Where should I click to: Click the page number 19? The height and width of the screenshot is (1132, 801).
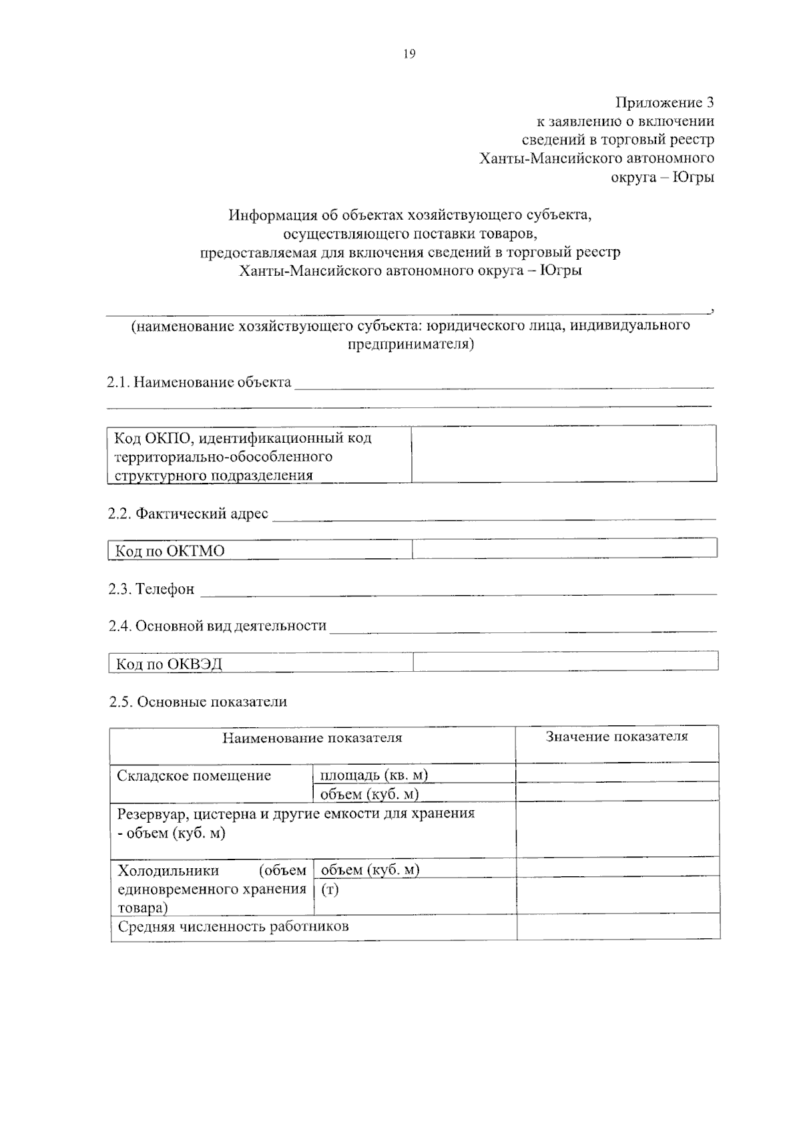[x=409, y=54]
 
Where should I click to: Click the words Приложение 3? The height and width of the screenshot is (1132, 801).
[x=664, y=102]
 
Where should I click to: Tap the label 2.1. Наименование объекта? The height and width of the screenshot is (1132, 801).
[x=200, y=383]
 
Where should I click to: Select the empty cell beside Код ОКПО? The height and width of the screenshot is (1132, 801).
[x=564, y=454]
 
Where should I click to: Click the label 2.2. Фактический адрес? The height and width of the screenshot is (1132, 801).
[x=188, y=514]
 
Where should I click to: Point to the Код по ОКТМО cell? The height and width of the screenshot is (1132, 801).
[x=259, y=550]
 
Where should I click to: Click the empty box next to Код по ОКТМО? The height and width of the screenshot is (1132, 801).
[x=565, y=548]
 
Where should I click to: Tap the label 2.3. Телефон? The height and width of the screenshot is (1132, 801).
[x=152, y=589]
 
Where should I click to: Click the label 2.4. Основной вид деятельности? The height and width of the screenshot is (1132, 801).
[x=218, y=626]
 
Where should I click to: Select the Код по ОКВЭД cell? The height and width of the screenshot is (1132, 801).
[x=260, y=663]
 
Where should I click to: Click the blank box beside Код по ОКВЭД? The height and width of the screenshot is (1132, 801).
[x=565, y=661]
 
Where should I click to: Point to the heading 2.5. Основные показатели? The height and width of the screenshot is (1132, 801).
[x=198, y=702]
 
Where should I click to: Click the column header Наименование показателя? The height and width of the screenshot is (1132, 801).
[x=312, y=738]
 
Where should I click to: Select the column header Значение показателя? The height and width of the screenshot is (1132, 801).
[x=617, y=737]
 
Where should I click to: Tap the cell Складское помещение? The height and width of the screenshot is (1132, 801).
[x=194, y=776]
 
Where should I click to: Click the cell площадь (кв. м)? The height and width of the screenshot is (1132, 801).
[x=374, y=775]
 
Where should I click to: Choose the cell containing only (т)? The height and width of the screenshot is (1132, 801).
[x=330, y=890]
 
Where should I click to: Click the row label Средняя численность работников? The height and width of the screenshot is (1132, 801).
[x=234, y=927]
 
